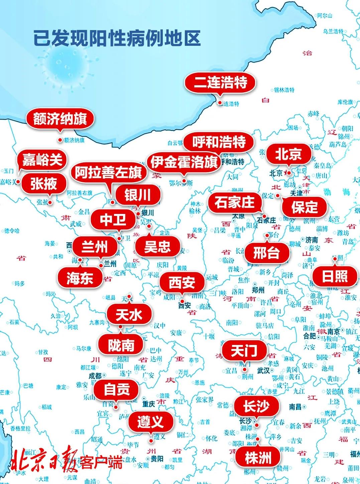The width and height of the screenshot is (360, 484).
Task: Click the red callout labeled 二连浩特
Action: pos(221,83)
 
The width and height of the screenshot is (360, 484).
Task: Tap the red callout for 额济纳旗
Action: pos(60,119)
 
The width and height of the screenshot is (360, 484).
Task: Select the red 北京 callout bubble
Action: pos(288,154)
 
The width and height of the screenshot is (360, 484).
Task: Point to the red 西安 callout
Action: pos(182,283)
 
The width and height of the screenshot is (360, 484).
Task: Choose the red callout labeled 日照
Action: pos(335,276)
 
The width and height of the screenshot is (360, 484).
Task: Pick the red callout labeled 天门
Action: pos(244,351)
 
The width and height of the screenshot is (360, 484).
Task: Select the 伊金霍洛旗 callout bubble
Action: pos(184,162)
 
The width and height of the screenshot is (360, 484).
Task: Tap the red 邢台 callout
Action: pos(266,253)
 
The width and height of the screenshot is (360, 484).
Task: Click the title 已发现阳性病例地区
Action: pos(117,38)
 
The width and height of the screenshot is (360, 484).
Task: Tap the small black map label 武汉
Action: pos(264,370)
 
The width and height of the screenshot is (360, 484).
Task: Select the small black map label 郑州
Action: pos(258,289)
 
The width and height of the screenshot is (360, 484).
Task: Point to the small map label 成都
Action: pos(95,376)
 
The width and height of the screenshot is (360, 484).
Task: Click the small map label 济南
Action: pos(311,240)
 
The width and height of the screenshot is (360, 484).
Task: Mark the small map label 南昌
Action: pos(295,407)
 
